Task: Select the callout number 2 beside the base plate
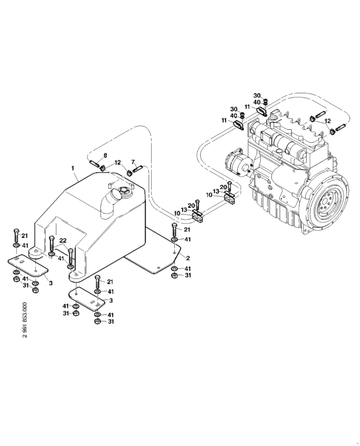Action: point(188,258)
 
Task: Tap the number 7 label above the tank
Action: point(133,161)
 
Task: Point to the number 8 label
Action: point(105,155)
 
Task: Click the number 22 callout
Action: point(63,241)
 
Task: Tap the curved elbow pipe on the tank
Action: point(110,205)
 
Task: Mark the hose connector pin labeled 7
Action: point(138,168)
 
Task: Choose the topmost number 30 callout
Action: point(257,95)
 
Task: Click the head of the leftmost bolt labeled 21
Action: point(16,230)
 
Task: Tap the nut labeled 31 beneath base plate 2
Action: point(174,276)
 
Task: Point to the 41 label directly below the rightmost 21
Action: point(188,240)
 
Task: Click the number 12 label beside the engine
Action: point(327,121)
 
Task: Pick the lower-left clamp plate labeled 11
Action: point(240,126)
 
